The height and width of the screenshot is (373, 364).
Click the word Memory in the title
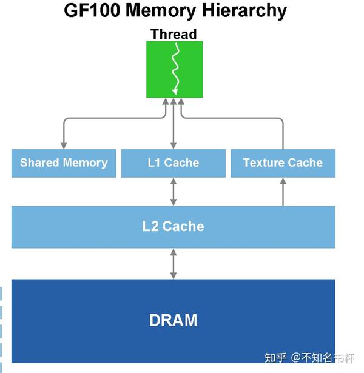(159, 11)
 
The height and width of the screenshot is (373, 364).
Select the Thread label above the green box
(174, 33)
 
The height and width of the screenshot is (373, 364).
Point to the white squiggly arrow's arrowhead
(175, 92)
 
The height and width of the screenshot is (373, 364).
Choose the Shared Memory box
(64, 163)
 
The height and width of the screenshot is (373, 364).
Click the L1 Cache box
(174, 163)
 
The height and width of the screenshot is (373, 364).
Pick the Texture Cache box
(283, 163)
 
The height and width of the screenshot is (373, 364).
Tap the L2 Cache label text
(174, 226)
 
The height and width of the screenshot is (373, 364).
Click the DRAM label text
(174, 320)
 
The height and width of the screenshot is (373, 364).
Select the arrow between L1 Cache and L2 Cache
(174, 192)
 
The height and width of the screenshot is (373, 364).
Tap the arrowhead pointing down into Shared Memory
(64, 145)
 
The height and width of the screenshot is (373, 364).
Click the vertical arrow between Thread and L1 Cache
(174, 124)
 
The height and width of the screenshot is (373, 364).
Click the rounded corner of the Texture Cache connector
(280, 120)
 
